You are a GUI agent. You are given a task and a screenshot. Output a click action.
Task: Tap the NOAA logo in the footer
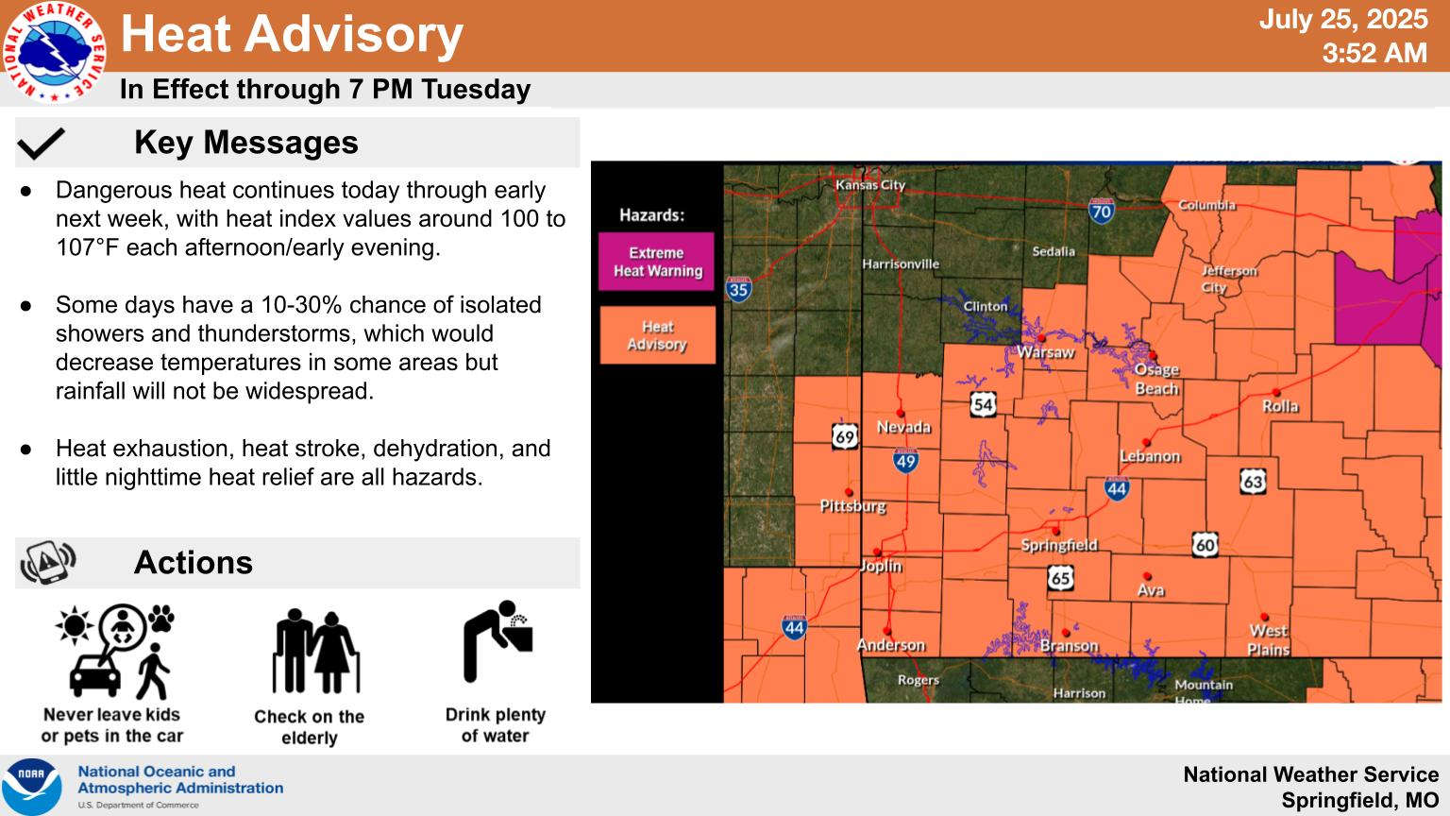(32, 787)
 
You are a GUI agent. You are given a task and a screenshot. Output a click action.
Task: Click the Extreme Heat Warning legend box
(656, 262)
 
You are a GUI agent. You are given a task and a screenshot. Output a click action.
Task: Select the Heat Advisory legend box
(657, 335)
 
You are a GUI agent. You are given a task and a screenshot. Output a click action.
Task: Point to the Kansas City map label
(870, 185)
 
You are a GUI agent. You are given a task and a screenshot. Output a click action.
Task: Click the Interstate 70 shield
(1101, 212)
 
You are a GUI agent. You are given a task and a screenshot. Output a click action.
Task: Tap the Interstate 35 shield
(738, 289)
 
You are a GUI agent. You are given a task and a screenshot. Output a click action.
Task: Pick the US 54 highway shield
(983, 405)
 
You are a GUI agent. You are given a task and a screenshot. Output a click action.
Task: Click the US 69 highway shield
(845, 437)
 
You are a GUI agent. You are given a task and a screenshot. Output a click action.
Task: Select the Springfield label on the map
(1059, 545)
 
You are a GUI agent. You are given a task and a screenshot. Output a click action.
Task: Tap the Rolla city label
(1280, 406)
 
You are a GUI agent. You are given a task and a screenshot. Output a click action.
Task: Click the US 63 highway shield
(1253, 482)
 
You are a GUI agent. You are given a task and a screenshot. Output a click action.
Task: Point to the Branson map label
(1069, 646)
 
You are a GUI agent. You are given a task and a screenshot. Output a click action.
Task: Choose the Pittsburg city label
(852, 506)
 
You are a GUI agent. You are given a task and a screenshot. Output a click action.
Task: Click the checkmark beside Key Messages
(42, 144)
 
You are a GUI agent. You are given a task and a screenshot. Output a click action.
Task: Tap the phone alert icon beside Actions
(48, 562)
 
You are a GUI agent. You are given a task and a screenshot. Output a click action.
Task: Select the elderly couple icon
(316, 651)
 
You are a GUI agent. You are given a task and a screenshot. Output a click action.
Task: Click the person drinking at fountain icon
(497, 641)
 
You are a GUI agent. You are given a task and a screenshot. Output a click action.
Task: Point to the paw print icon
(161, 619)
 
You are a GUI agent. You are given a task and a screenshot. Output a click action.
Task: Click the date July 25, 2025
(1343, 20)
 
